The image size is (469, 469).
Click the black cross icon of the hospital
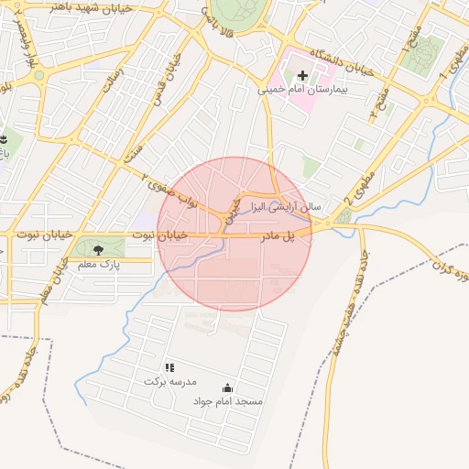302,74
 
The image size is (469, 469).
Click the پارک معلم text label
98,265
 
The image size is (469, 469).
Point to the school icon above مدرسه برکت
169,366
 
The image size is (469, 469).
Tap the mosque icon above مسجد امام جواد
227,388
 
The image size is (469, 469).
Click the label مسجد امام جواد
227,402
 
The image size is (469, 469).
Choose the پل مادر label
278,236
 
